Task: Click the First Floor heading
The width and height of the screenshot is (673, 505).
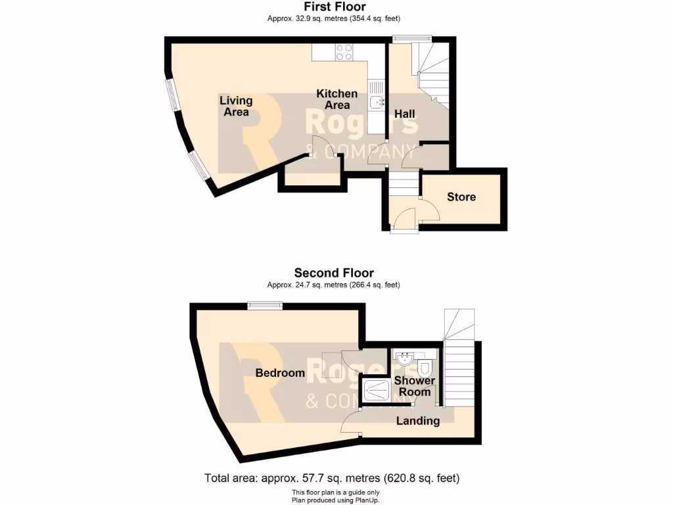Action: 335,7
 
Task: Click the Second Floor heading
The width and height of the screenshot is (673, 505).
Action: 334,273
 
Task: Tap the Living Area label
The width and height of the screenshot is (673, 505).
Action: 236,106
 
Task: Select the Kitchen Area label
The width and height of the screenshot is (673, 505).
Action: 337,99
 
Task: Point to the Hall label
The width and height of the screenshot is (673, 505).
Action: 404,114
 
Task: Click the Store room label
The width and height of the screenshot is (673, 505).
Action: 461,197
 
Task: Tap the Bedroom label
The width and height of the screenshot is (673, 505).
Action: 280,373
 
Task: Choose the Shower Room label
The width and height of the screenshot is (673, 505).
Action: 415,386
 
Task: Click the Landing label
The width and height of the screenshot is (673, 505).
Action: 418,421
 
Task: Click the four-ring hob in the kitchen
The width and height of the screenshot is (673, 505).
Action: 344,52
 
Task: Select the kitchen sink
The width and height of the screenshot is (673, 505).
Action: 376,102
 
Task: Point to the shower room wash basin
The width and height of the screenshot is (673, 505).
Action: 403,358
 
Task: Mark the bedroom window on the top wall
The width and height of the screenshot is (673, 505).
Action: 265,304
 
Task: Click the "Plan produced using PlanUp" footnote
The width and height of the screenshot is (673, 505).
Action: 336,500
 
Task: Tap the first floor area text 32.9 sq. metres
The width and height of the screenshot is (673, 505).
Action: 334,19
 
